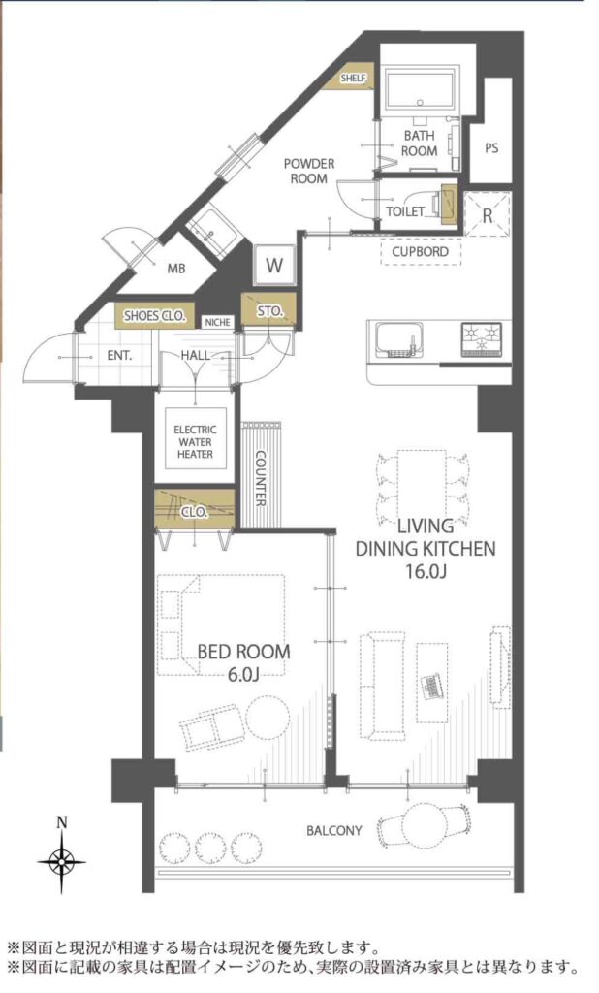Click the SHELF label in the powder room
coord(354,79)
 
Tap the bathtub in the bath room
coord(421,89)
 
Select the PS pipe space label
coord(491,148)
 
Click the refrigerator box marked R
coord(487,213)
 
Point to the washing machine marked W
coord(274,265)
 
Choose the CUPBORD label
coord(420,251)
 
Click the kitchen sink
coord(399,338)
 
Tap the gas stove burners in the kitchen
coord(481,339)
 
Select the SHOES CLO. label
coord(154,315)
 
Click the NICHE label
coord(217,322)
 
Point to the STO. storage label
coord(270,311)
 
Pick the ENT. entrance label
coord(119,356)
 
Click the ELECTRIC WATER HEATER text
coord(195,442)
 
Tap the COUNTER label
coord(260,478)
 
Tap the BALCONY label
coord(334,830)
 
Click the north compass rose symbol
coord(61,861)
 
